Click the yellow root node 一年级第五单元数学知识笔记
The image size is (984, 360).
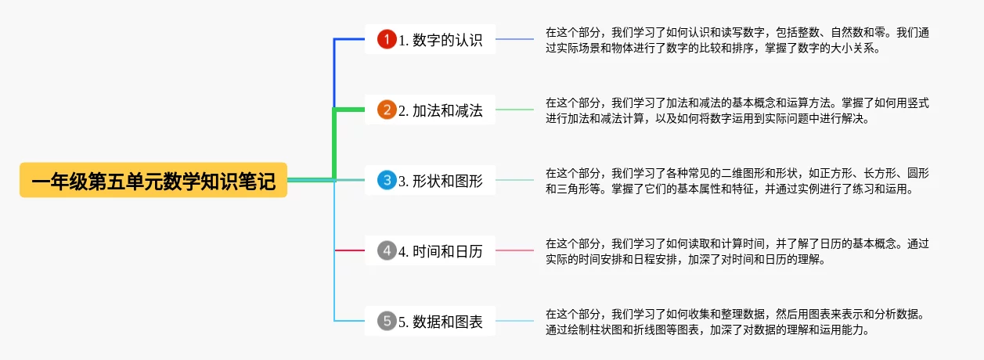click(153, 180)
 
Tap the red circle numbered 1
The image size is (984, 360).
click(387, 39)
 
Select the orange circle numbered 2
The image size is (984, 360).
click(387, 110)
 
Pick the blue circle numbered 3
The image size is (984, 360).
click(387, 180)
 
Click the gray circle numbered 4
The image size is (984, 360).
click(387, 250)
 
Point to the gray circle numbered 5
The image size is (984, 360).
click(387, 321)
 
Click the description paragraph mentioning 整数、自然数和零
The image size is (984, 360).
click(736, 40)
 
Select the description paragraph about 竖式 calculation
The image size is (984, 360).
click(736, 110)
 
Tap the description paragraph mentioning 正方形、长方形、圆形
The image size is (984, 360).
click(736, 181)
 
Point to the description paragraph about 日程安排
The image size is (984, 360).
click(736, 251)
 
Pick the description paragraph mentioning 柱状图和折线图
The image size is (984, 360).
click(736, 322)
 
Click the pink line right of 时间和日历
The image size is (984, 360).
click(514, 250)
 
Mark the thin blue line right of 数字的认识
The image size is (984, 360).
click(514, 39)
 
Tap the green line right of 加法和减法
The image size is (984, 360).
click(514, 110)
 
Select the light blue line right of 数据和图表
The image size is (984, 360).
click(514, 321)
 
